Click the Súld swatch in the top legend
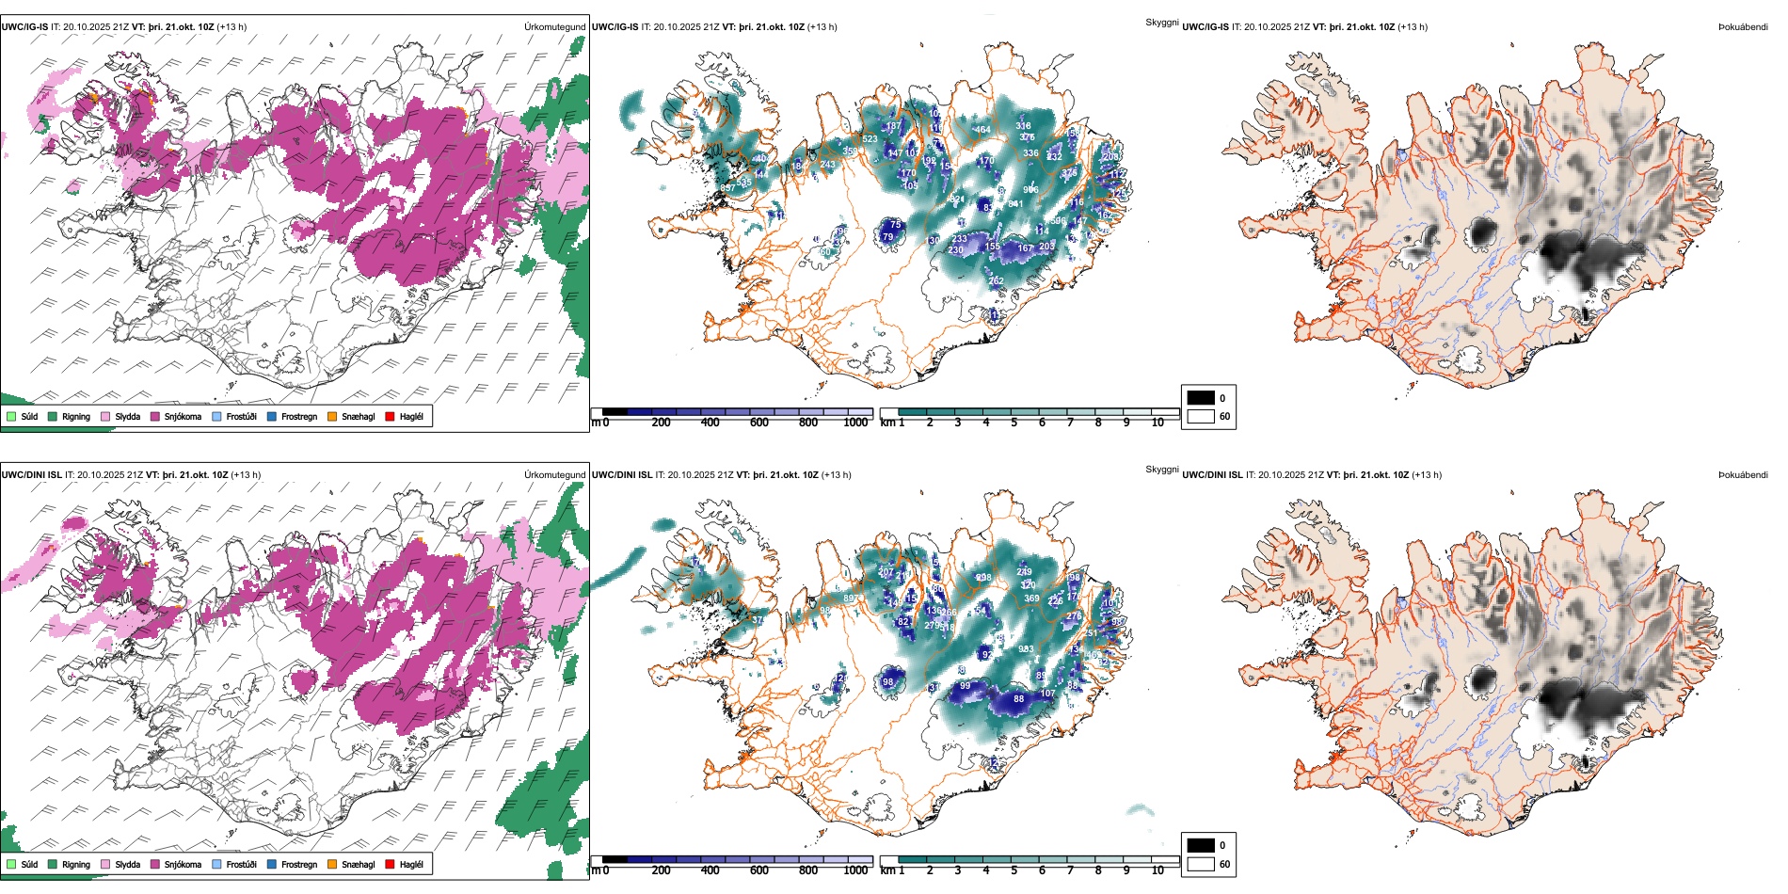click(x=11, y=416)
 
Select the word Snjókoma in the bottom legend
click(x=183, y=864)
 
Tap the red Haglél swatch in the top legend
click(x=390, y=416)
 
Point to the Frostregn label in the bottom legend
click(x=299, y=864)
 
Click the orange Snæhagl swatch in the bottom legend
click(x=332, y=864)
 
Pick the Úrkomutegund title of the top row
click(x=554, y=27)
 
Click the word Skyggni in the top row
click(x=1161, y=23)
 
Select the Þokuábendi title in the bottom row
click(x=1743, y=475)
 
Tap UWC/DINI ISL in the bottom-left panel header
click(x=31, y=475)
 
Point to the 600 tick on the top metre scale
click(x=758, y=423)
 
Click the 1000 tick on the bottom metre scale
click(x=855, y=870)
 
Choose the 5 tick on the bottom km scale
click(x=1014, y=870)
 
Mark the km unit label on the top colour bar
click(x=887, y=423)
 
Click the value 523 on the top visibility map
click(x=870, y=139)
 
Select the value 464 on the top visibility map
click(x=982, y=130)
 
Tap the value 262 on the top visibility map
click(x=996, y=280)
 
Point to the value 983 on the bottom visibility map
click(x=1026, y=649)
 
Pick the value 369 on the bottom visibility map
click(x=1031, y=599)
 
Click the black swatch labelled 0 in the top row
click(x=1201, y=398)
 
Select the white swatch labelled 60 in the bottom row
click(x=1201, y=864)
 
